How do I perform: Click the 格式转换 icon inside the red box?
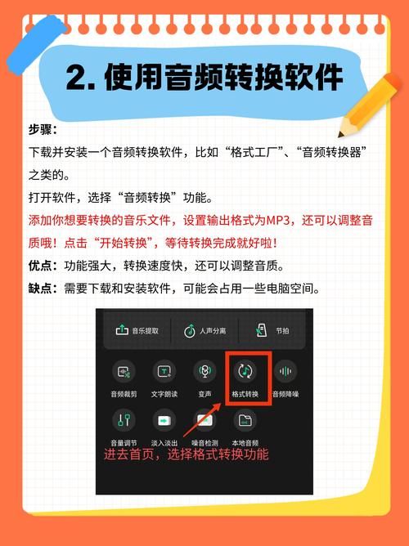245,372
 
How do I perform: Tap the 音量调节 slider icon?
124,421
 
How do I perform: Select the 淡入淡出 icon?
164,421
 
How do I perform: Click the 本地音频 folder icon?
245,421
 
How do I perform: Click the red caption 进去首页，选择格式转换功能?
186,454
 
